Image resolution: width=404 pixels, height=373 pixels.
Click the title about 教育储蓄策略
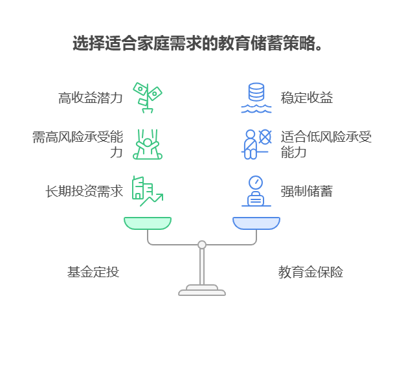(197, 44)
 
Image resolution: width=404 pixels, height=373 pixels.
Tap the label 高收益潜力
(90, 98)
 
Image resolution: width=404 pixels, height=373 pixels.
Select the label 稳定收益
(306, 98)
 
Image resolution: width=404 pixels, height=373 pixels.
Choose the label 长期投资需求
(84, 192)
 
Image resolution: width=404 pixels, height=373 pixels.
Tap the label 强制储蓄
(306, 192)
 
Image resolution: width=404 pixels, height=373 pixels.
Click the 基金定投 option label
(93, 272)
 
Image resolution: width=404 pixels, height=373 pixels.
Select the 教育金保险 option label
(311, 272)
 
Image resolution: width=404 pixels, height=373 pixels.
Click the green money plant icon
(147, 98)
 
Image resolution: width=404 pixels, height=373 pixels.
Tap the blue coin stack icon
(256, 98)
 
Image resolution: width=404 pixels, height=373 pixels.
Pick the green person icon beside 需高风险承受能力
(147, 144)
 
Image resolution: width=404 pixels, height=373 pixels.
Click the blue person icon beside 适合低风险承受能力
(256, 144)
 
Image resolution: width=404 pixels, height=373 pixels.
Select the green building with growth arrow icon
(147, 191)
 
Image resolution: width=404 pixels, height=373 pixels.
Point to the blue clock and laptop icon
(256, 191)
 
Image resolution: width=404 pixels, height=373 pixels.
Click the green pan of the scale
(148, 223)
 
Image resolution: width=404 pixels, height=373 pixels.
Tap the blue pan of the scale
(256, 223)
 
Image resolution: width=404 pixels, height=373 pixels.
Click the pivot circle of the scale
(202, 245)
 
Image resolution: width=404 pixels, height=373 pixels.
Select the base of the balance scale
(202, 291)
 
